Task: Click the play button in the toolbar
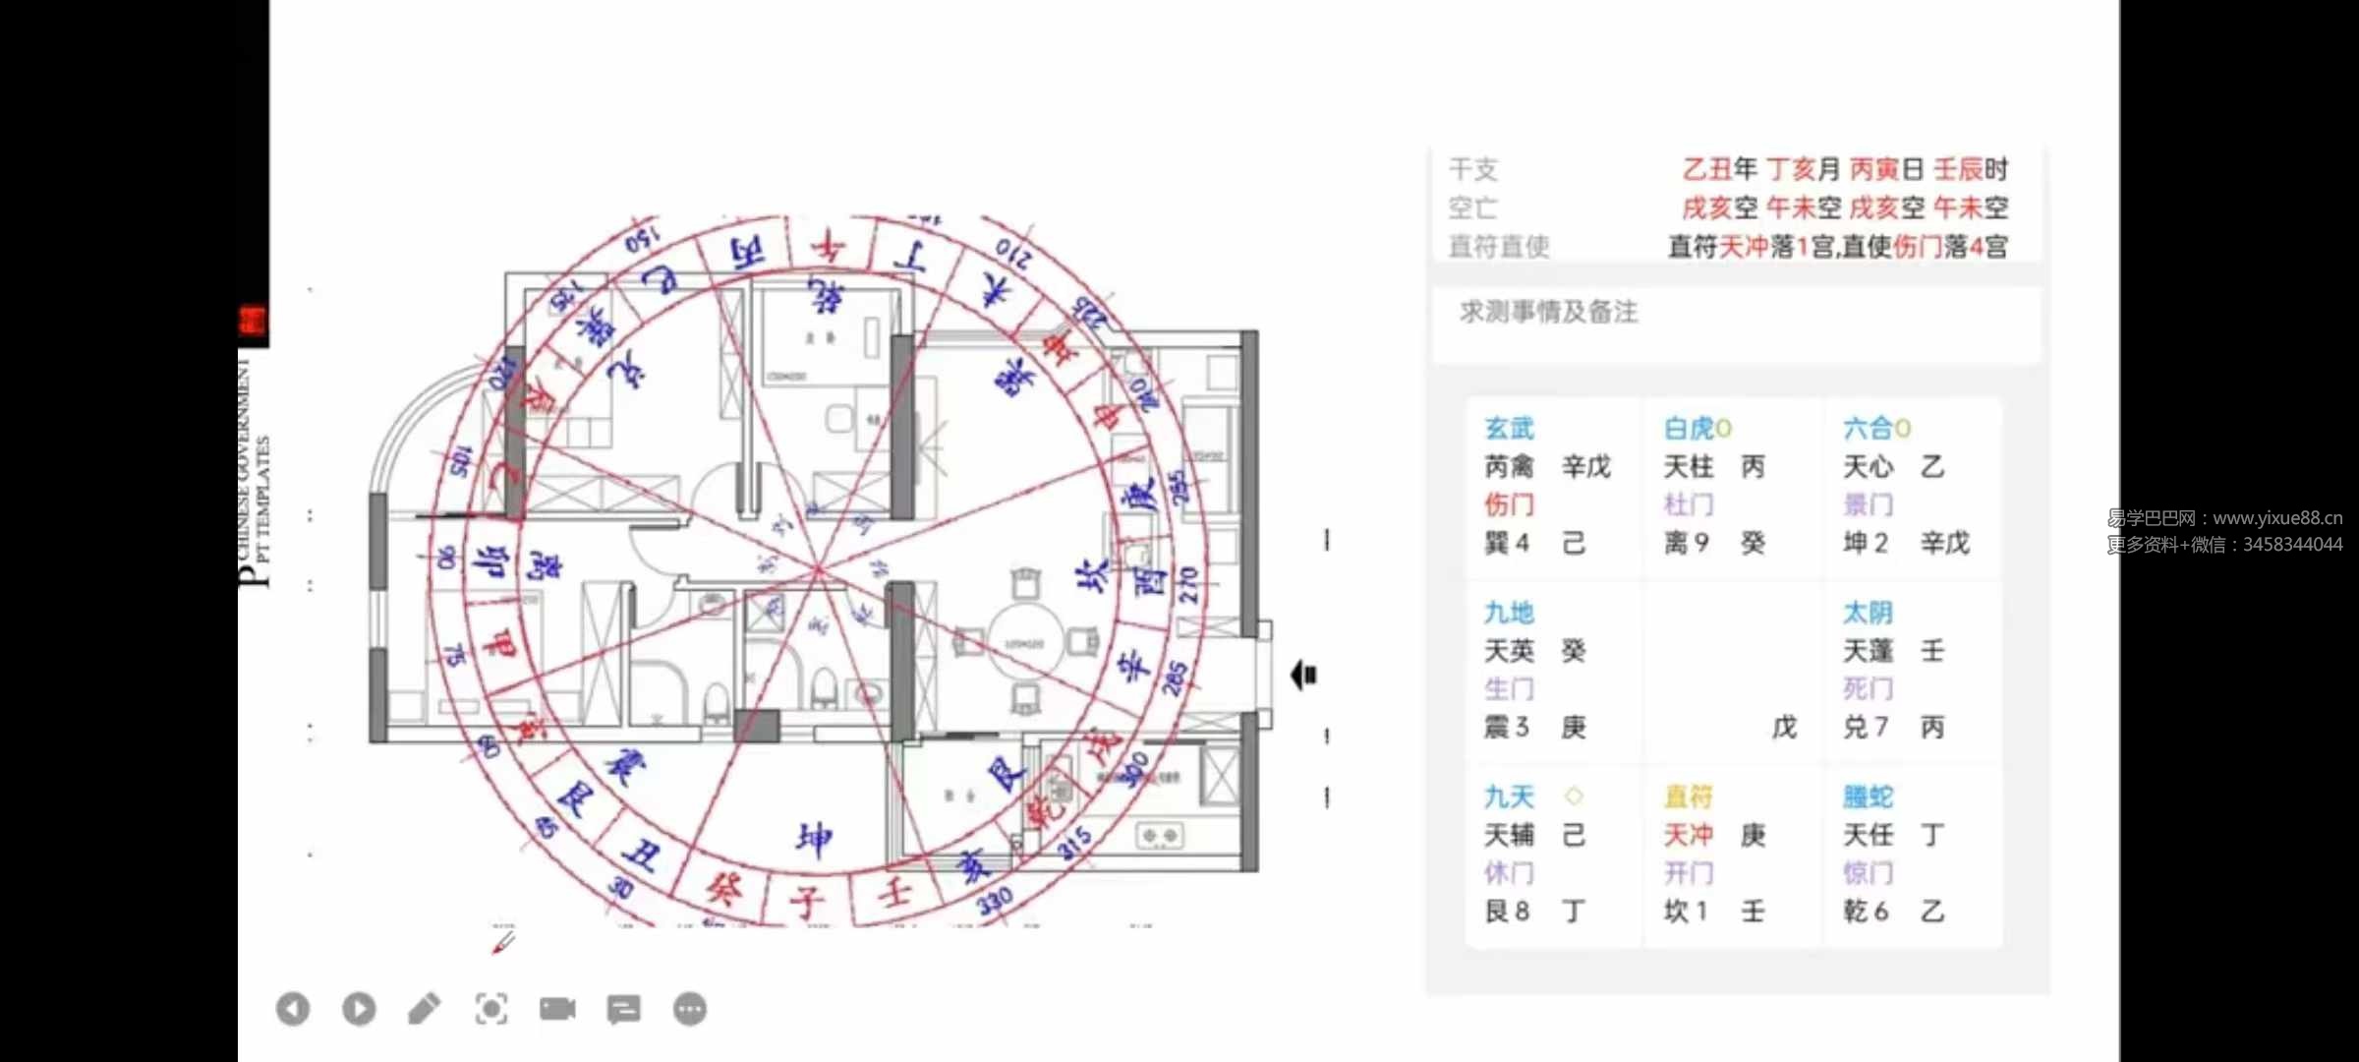pyautogui.click(x=359, y=1009)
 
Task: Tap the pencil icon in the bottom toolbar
pyautogui.click(x=425, y=1009)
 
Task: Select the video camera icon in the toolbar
pyautogui.click(x=557, y=1009)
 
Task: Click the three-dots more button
pyautogui.click(x=690, y=1009)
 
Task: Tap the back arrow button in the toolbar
pyautogui.click(x=293, y=1009)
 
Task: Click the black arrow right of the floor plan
pyautogui.click(x=1303, y=676)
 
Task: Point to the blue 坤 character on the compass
pyautogui.click(x=814, y=839)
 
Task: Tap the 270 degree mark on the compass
pyautogui.click(x=1188, y=585)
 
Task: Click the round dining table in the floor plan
pyautogui.click(x=1024, y=643)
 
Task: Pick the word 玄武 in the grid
pyautogui.click(x=1509, y=429)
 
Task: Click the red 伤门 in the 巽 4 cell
pyautogui.click(x=1509, y=504)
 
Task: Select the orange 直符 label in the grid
pyautogui.click(x=1688, y=796)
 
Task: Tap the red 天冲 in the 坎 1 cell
pyautogui.click(x=1688, y=835)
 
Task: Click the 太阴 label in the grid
pyautogui.click(x=1867, y=613)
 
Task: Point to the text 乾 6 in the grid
pyautogui.click(x=1865, y=912)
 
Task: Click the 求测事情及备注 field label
pyautogui.click(x=1548, y=313)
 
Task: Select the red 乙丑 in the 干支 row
pyautogui.click(x=1706, y=169)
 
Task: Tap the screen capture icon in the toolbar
pyautogui.click(x=491, y=1009)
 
